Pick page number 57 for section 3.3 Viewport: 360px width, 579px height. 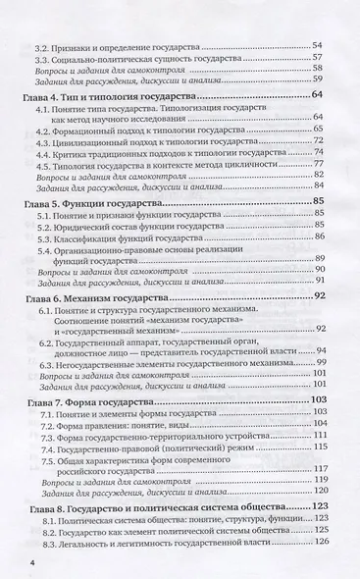(319, 58)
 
